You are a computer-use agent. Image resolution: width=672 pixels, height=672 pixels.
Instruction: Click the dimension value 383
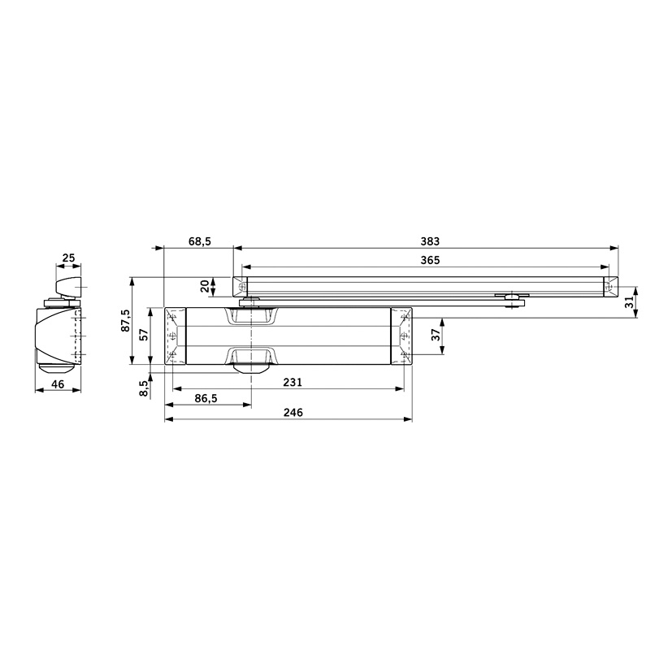click(x=430, y=241)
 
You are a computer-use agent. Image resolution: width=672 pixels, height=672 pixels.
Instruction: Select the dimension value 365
click(x=430, y=260)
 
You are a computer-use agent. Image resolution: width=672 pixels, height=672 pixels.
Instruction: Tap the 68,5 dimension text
click(x=200, y=241)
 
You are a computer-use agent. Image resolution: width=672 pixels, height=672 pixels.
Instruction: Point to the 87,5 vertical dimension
click(x=124, y=320)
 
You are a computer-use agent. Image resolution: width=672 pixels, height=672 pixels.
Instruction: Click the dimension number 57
click(x=144, y=334)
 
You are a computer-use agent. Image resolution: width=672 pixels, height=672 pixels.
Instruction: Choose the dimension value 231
click(x=293, y=382)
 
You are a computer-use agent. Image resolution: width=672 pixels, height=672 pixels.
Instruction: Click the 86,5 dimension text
click(x=206, y=399)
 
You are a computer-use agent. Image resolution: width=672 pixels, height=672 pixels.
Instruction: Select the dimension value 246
click(x=293, y=412)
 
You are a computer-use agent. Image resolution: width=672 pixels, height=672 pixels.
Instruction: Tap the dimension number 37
click(x=436, y=335)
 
